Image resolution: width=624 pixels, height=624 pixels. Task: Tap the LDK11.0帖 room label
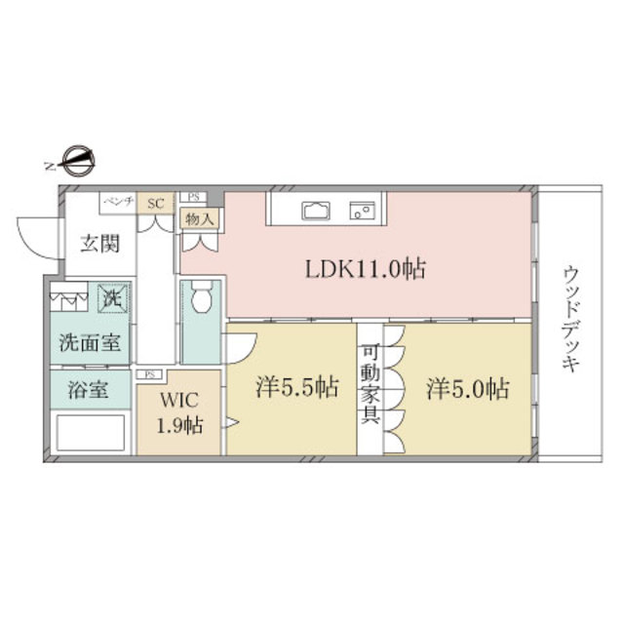366,269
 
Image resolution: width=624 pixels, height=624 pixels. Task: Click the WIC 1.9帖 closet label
180,413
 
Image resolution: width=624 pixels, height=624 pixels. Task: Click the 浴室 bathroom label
86,392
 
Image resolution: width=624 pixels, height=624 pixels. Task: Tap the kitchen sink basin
318,211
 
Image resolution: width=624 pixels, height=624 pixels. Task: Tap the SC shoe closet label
154,203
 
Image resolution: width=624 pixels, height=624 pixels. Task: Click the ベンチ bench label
117,202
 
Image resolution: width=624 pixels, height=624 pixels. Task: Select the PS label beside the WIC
150,373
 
